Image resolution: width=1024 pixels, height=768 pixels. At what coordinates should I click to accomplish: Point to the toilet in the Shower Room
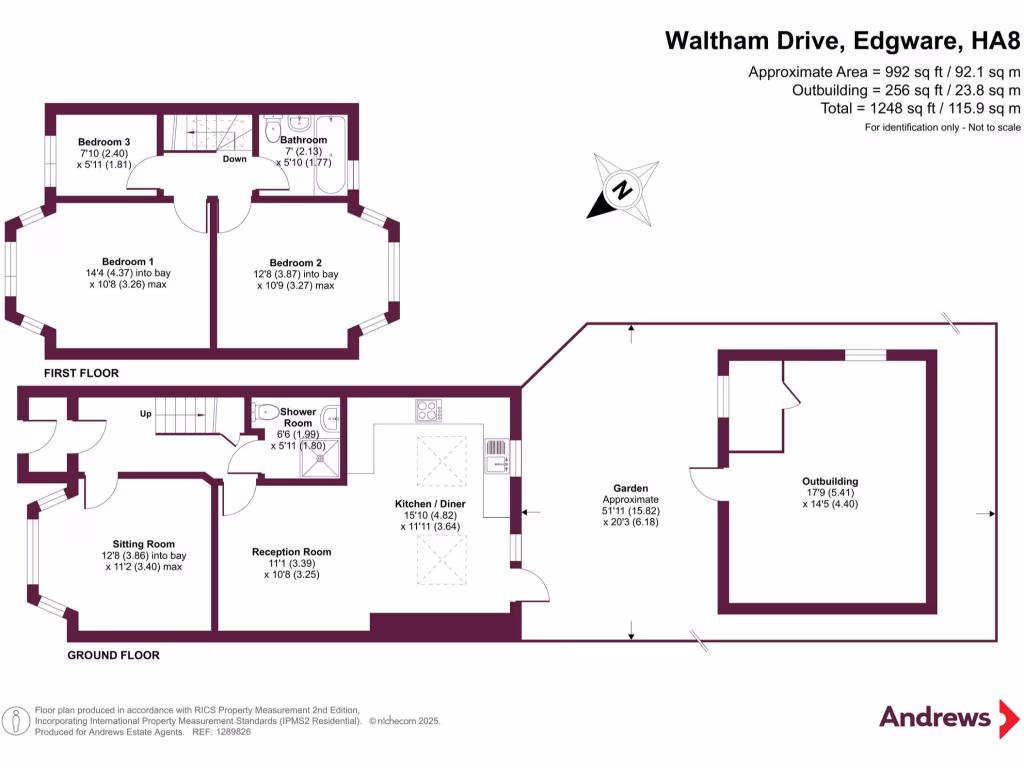click(x=267, y=411)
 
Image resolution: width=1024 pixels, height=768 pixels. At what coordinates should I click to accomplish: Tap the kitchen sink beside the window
click(x=495, y=455)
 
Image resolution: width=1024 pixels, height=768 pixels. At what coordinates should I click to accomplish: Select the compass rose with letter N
click(x=623, y=189)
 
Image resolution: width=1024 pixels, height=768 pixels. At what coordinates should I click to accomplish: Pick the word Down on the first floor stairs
click(x=234, y=159)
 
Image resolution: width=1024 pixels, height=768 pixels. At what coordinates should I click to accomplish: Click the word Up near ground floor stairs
click(x=146, y=413)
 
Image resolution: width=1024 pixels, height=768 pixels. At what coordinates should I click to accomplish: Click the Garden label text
click(x=630, y=489)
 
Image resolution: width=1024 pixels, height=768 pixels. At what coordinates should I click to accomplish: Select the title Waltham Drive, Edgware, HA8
click(x=843, y=41)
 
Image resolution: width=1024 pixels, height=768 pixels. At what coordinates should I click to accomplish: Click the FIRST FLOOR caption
click(x=81, y=373)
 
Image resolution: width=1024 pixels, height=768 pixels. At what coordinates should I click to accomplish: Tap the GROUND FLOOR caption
click(x=113, y=656)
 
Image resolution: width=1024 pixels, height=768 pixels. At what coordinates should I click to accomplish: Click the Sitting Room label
click(x=143, y=544)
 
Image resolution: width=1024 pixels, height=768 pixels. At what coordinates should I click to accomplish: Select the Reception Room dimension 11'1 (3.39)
click(x=291, y=564)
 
